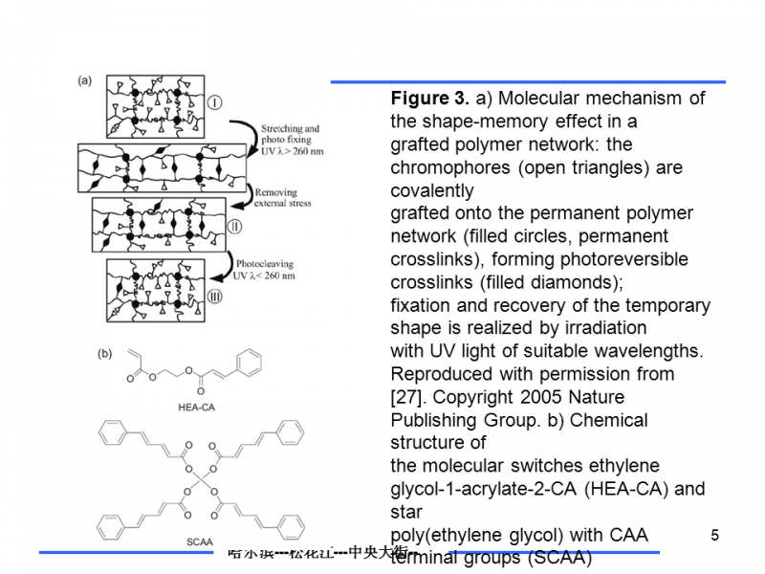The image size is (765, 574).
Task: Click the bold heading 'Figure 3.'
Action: click(429, 99)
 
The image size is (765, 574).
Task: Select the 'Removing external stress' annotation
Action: click(283, 198)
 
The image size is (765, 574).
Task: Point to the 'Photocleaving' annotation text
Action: click(267, 263)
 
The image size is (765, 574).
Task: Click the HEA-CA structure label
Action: click(195, 406)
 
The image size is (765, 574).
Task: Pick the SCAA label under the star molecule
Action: click(199, 542)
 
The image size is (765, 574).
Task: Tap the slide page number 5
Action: click(714, 535)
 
